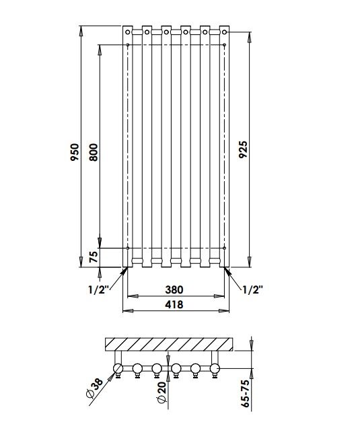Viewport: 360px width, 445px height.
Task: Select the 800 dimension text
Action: (94, 153)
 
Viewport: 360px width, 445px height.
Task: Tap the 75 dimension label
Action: (94, 257)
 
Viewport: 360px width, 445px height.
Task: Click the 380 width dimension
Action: (174, 289)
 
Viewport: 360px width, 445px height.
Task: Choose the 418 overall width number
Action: (174, 304)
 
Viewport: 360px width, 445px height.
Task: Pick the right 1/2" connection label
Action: (252, 289)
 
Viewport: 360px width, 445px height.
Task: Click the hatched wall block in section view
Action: (168, 344)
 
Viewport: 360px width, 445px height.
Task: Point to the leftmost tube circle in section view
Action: (119, 368)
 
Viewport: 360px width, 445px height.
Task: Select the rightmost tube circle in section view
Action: (215, 368)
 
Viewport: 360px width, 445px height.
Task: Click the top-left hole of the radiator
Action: (127, 31)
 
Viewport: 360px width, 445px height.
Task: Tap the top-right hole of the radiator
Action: (224, 31)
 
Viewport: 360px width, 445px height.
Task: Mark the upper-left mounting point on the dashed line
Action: (128, 45)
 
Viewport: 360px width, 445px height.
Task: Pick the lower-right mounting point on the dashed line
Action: (224, 248)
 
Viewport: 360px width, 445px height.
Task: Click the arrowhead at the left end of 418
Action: (124, 310)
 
